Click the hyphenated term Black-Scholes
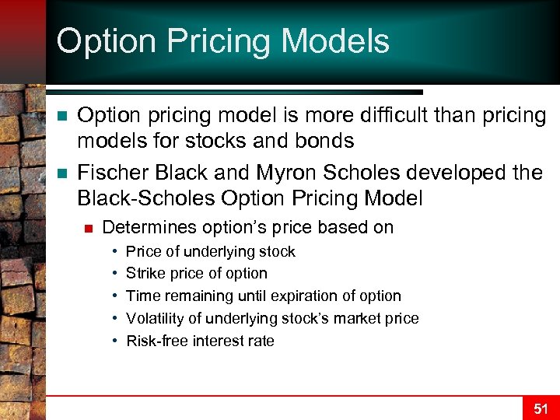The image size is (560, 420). click(x=146, y=198)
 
